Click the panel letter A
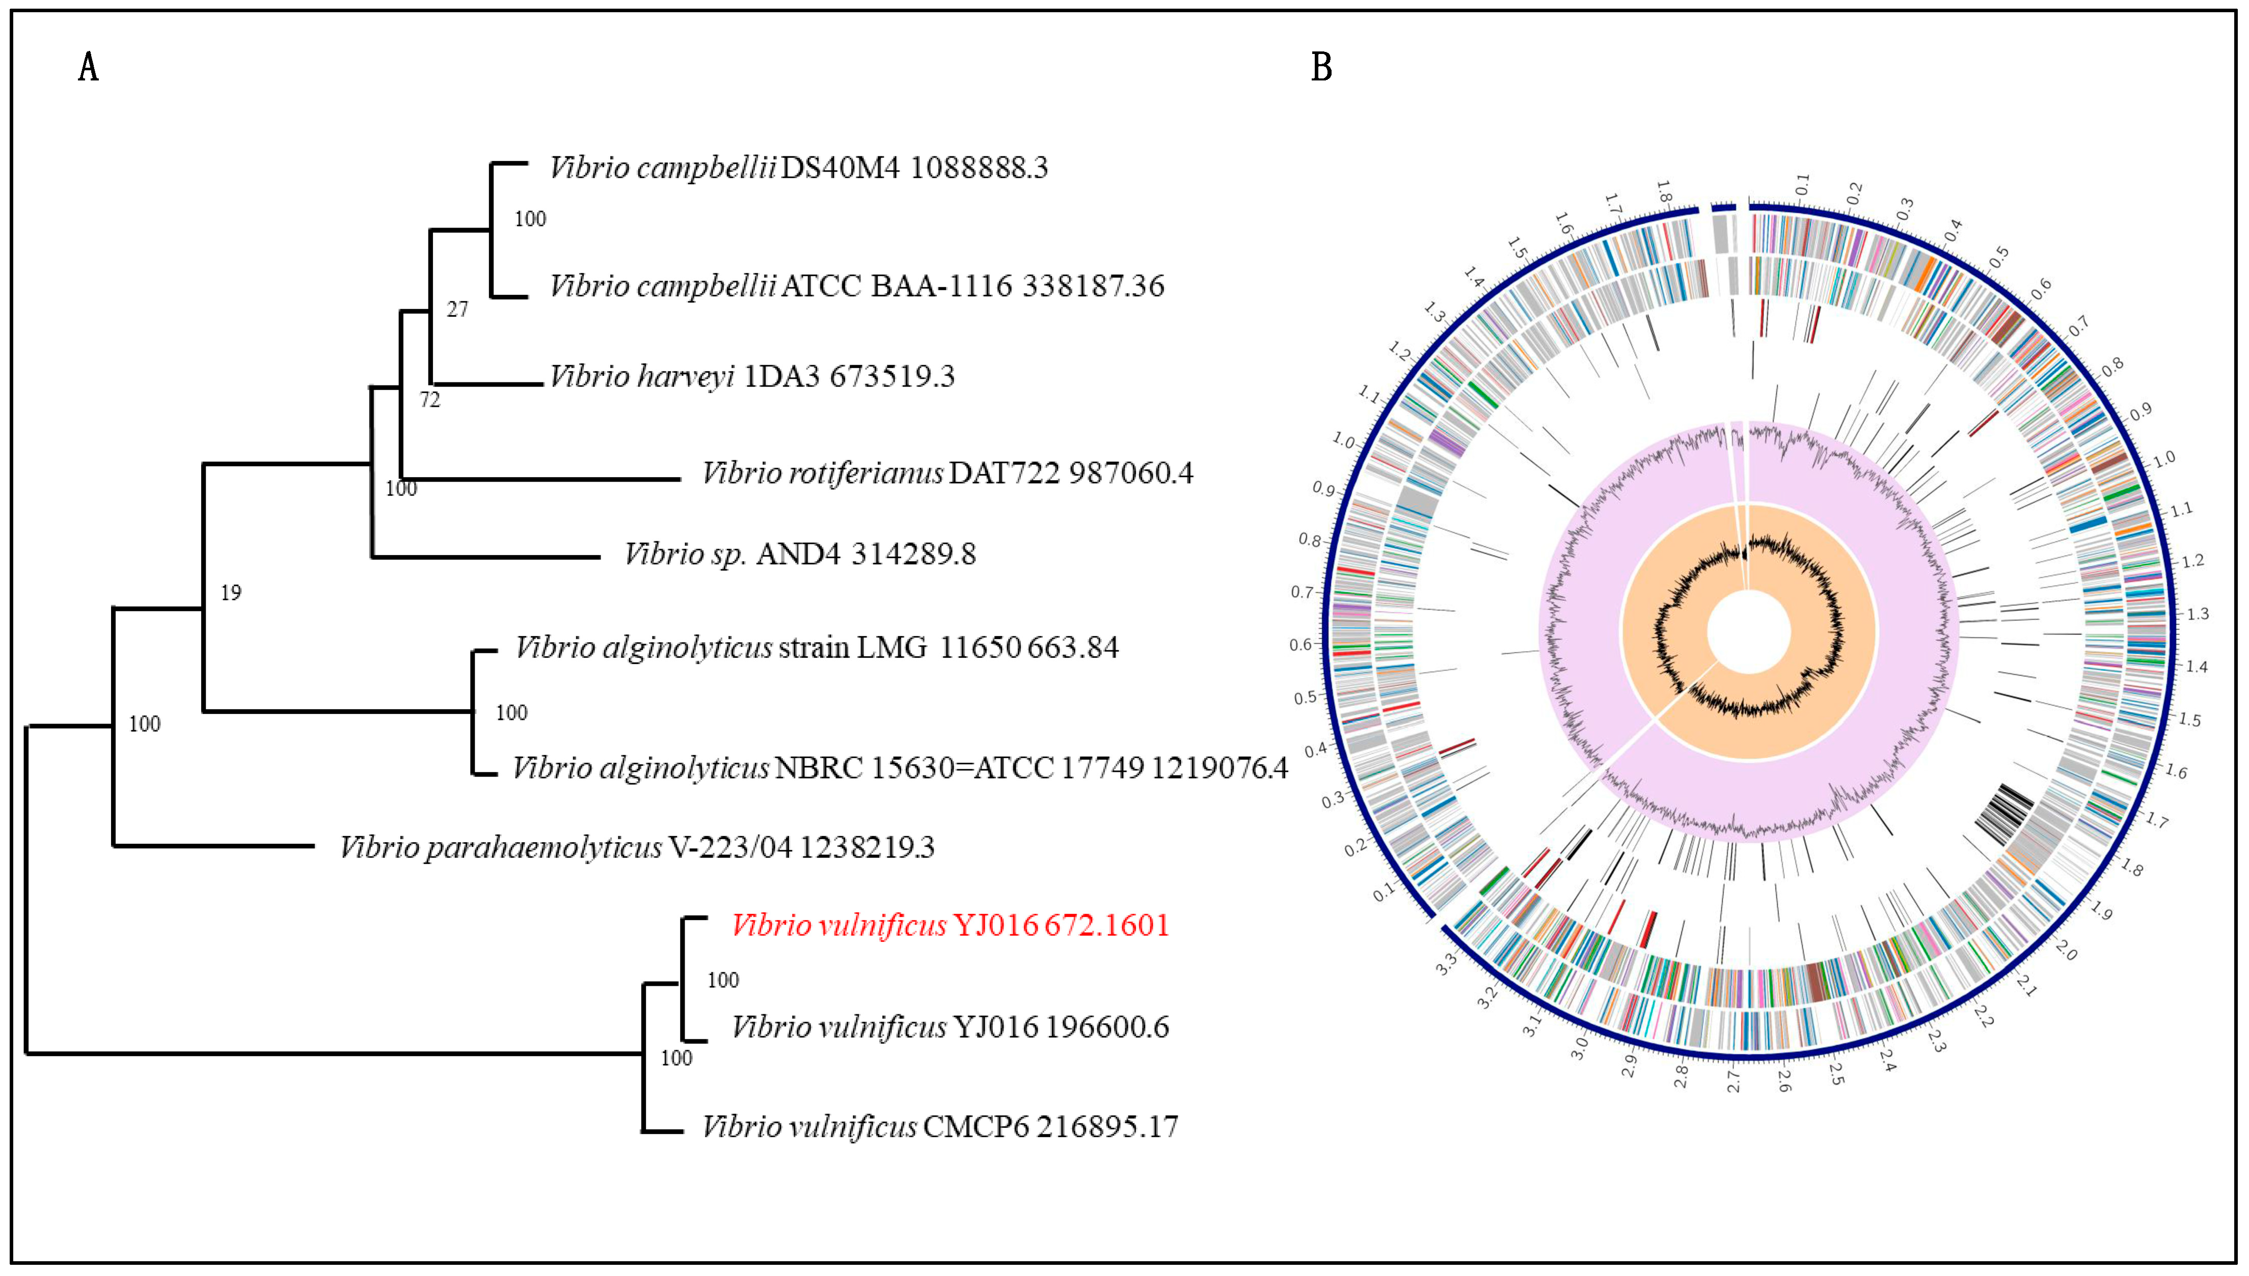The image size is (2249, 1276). (89, 68)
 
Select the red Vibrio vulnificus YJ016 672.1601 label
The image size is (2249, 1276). (950, 926)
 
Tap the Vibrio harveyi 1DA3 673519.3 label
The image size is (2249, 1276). (752, 376)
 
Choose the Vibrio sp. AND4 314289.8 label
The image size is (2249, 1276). (799, 554)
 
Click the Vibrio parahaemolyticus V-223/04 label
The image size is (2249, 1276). (636, 847)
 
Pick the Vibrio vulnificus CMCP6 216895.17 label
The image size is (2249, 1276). (939, 1126)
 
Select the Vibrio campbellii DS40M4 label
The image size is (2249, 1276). (798, 168)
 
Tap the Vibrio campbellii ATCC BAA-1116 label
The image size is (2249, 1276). (856, 286)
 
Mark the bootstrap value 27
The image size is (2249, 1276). (457, 310)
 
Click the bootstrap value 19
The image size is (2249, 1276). (231, 593)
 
